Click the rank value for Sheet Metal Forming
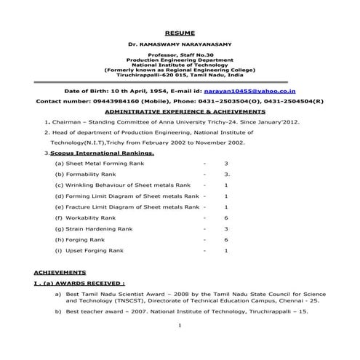pos(226,164)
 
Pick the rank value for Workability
pos(226,218)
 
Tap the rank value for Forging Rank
pos(226,239)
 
